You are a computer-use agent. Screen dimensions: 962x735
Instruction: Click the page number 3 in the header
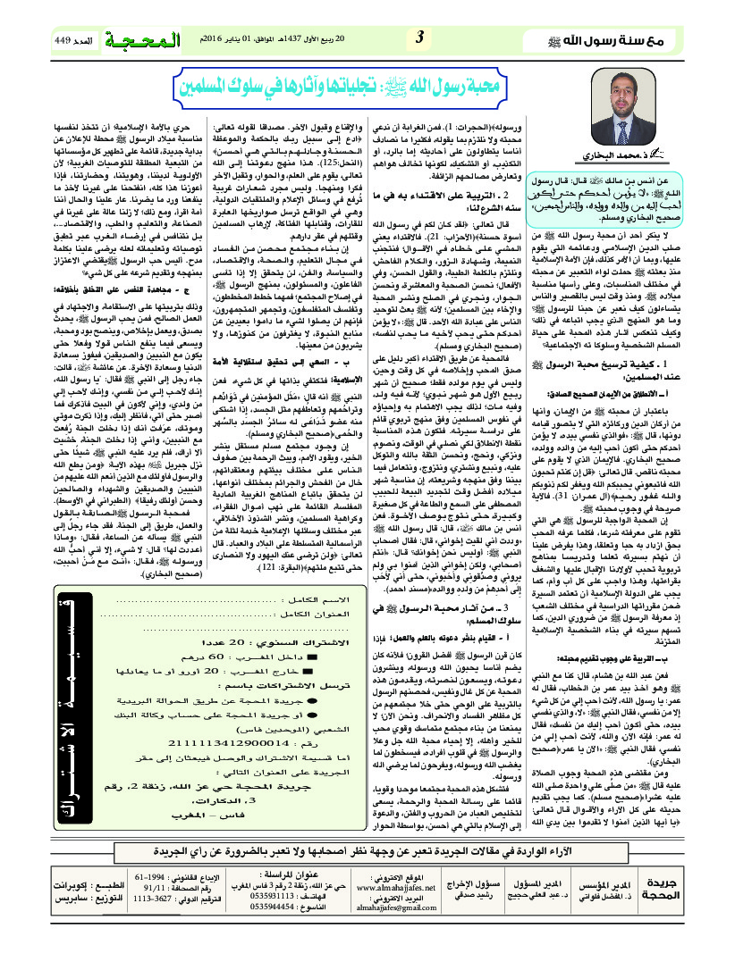419,40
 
